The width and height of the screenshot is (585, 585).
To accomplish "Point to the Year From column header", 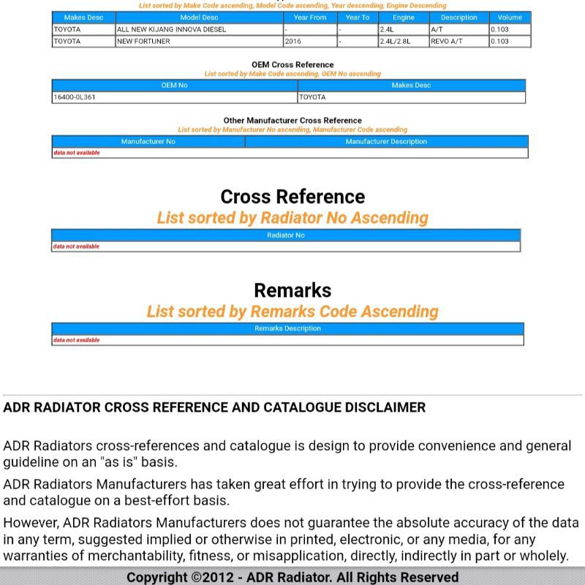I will (x=310, y=18).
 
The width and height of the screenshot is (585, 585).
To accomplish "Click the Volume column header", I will (x=510, y=18).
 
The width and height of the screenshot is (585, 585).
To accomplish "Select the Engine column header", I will (x=404, y=18).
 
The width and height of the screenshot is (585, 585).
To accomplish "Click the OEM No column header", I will (x=174, y=86).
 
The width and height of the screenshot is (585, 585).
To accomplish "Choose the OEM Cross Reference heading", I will (x=292, y=64).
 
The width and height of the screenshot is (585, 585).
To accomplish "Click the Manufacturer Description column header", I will (x=386, y=142).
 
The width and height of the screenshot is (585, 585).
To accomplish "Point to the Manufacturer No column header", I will (x=148, y=142).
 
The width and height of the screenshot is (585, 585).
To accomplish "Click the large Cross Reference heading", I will (x=292, y=197).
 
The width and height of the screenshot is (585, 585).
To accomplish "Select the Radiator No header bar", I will (x=286, y=235).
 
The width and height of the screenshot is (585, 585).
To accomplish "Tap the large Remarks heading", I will (x=292, y=290).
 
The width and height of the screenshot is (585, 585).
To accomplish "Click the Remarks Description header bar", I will (x=287, y=328).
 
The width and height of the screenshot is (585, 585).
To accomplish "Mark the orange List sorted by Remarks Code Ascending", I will (x=292, y=312).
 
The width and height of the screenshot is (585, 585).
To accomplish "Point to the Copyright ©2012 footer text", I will (x=292, y=577).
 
